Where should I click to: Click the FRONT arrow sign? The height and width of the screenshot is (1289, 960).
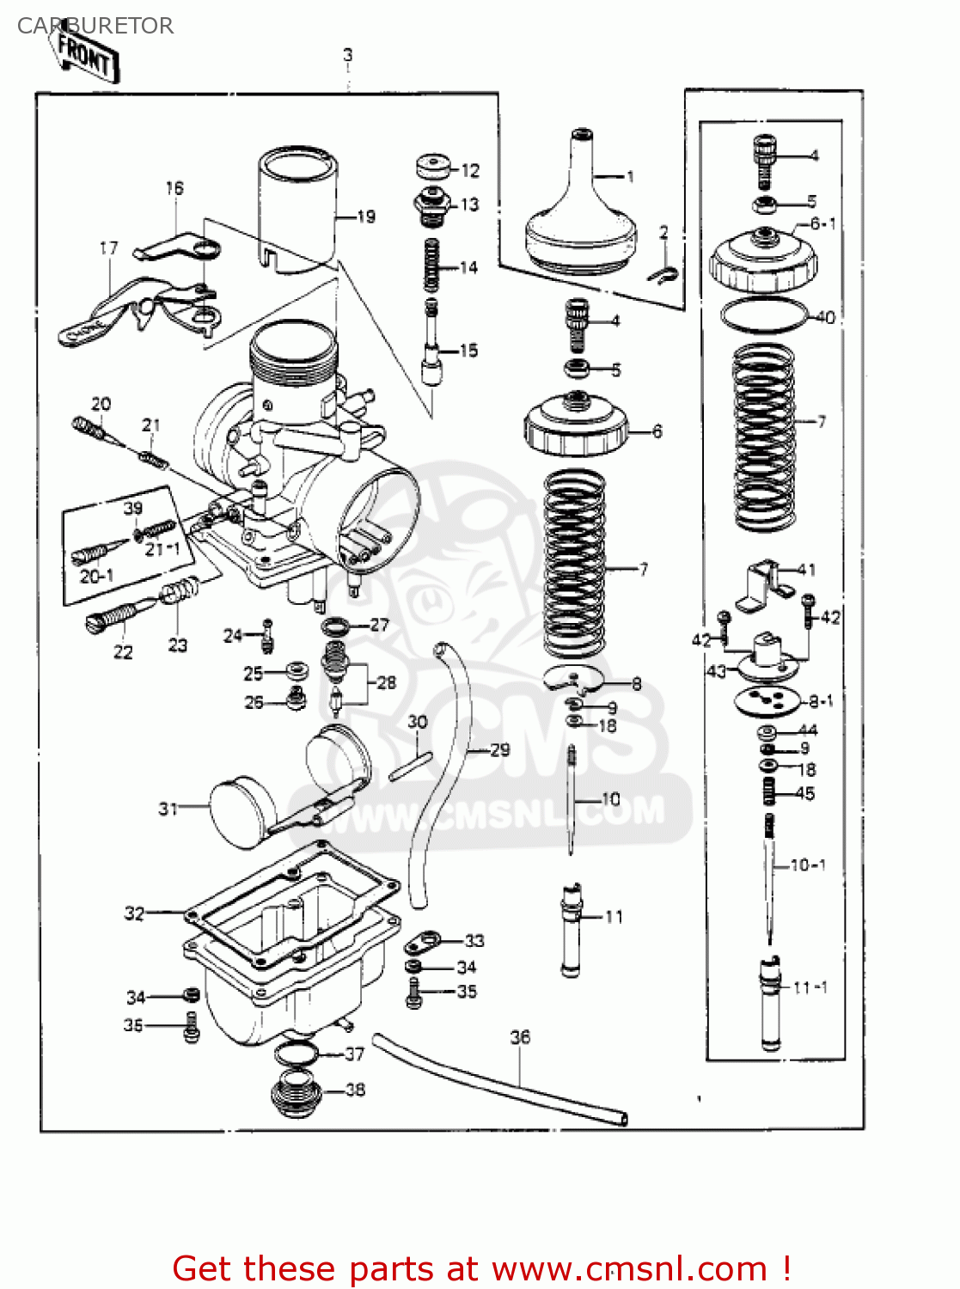coord(86,57)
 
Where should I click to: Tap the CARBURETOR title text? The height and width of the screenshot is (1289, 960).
coord(95,26)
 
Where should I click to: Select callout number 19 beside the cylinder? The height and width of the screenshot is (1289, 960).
coord(366,217)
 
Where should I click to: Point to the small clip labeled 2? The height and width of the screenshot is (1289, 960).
coord(663,273)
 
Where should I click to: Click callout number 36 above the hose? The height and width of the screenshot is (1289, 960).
coord(520,1037)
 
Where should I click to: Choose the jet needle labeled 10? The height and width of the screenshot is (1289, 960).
coord(570,799)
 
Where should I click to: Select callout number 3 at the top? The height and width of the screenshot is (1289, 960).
coord(347,55)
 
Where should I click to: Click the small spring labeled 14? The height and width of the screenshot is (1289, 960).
coord(432,266)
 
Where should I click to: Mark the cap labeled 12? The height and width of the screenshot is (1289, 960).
coord(433,167)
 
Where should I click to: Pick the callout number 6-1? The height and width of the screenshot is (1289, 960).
coord(822,224)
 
